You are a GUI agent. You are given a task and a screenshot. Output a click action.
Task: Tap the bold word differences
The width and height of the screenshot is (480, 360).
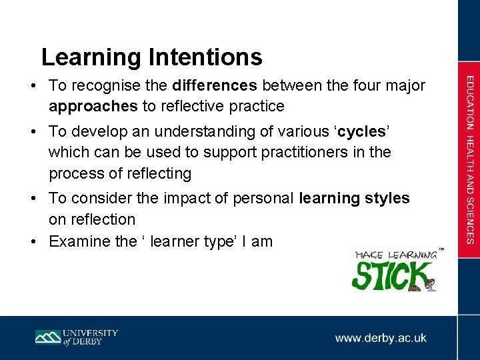[x=214, y=86]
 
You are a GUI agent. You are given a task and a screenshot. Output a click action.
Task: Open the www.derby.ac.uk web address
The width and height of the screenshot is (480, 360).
[x=381, y=338]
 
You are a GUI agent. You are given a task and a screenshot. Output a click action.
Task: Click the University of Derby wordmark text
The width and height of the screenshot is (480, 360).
[x=91, y=337]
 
